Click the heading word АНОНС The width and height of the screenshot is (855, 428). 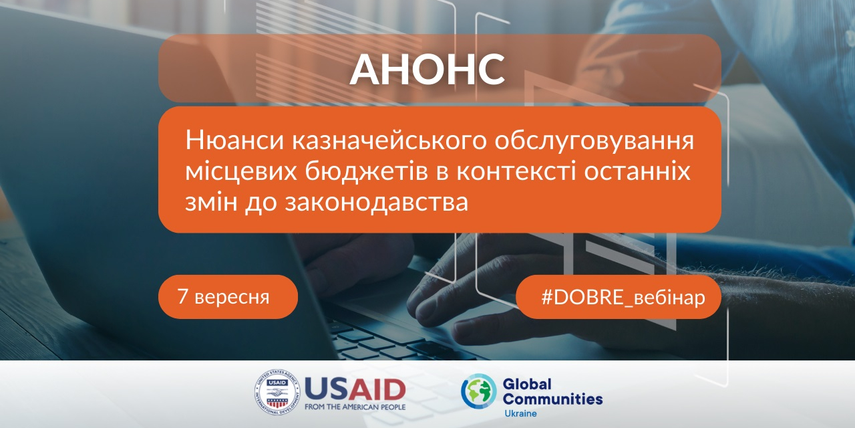pos(427,69)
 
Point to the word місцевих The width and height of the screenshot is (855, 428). pos(241,172)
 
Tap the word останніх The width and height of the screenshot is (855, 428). pos(637,171)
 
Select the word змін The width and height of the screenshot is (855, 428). pos(211,201)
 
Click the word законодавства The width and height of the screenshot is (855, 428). pos(376,201)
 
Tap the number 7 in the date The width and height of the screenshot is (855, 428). pos(183,296)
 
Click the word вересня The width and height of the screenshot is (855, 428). pos(232,298)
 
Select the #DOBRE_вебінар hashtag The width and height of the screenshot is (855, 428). pos(623,298)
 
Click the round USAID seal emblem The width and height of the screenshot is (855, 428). pos(277,393)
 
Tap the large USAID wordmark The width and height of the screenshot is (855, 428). pos(355,391)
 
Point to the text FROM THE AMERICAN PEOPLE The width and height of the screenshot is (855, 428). pos(355,407)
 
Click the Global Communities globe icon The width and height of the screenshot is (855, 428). pos(479,392)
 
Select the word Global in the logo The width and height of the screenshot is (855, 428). pos(527,385)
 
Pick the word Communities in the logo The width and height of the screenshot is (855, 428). pos(552,399)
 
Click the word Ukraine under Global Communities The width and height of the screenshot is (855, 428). pos(520,413)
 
